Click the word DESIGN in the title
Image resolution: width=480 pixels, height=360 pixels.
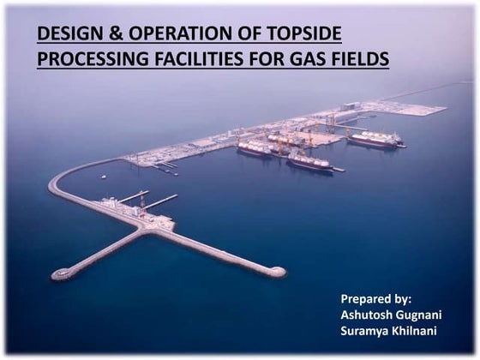pyautogui.click(x=68, y=34)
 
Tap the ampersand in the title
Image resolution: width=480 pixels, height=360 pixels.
pyautogui.click(x=109, y=34)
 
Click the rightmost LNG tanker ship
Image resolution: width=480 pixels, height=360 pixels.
pyautogui.click(x=373, y=140)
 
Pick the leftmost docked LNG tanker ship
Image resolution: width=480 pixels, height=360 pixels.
pyautogui.click(x=256, y=149)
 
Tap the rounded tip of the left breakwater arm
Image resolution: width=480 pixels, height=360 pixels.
pyautogui.click(x=60, y=274)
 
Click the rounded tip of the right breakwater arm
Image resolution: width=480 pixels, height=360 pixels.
pyautogui.click(x=277, y=272)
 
